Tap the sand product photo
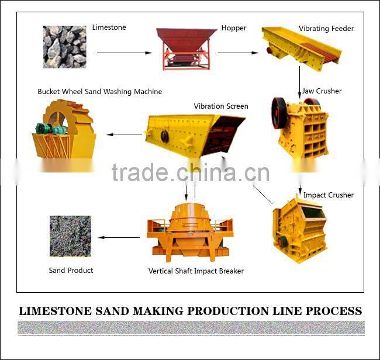(70, 236)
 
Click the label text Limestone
(109, 27)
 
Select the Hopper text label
(234, 28)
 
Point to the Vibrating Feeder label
(326, 29)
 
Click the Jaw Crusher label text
(322, 91)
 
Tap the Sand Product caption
(71, 271)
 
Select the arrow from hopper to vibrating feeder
(237, 53)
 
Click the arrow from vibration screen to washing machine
(124, 134)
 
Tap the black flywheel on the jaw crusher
(279, 113)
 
